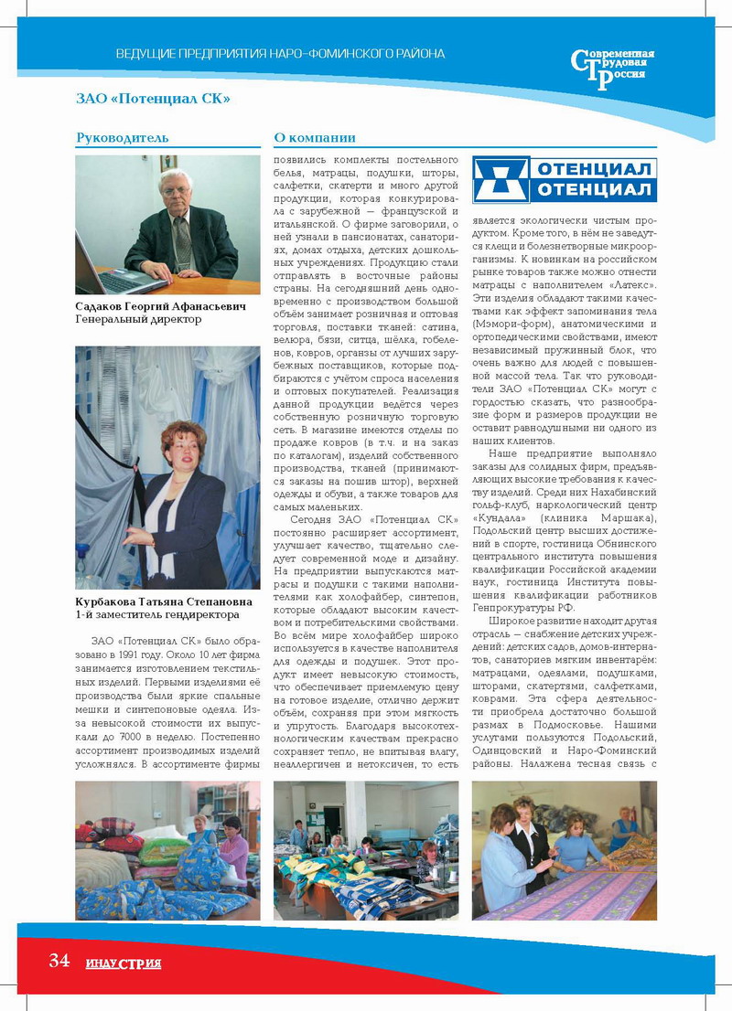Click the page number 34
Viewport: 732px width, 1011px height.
point(59,961)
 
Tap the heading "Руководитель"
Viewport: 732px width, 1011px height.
point(123,138)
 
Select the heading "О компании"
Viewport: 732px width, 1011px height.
point(315,138)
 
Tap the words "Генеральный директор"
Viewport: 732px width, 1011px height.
point(138,321)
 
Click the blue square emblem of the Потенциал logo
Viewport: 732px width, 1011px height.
point(500,179)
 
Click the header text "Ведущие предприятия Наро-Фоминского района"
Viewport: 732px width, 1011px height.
point(280,54)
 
